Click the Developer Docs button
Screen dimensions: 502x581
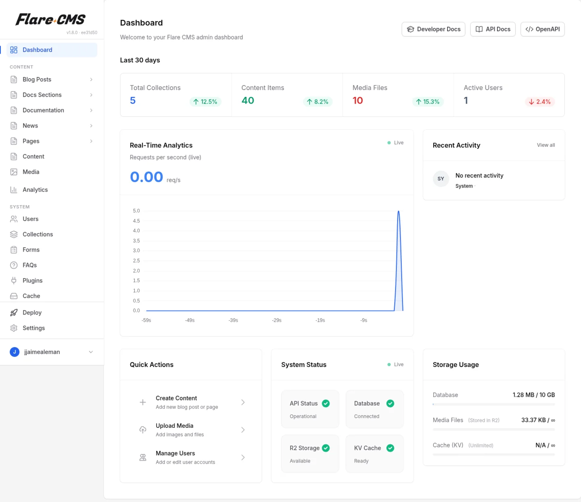[433, 29]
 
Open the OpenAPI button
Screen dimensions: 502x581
[542, 29]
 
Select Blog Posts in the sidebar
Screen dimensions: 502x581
[37, 79]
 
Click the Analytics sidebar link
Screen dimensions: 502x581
[35, 190]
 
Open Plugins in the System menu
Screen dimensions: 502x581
[32, 281]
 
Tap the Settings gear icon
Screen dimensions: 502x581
[14, 328]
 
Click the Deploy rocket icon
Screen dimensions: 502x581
[14, 312]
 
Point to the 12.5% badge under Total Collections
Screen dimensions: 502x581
[205, 102]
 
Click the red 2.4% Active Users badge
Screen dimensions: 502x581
[539, 102]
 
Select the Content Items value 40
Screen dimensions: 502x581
[248, 100]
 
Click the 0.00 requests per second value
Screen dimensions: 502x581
[146, 177]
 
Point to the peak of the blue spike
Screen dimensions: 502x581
[399, 211]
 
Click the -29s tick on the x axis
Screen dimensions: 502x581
[277, 320]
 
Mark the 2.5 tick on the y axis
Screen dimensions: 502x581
[136, 260]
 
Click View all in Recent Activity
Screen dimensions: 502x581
[545, 145]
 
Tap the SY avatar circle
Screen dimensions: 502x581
[441, 179]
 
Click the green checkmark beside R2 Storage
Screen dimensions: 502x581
[326, 448]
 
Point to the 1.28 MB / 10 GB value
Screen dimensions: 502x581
[533, 395]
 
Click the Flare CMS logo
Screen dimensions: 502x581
[50, 19]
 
